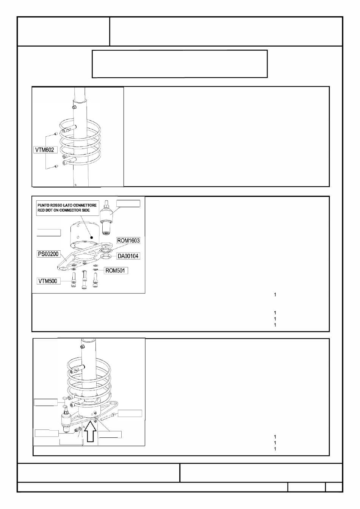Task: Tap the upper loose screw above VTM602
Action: pos(56,134)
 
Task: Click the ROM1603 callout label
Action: pos(128,240)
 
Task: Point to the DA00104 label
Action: pos(128,256)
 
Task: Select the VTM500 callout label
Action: pos(49,281)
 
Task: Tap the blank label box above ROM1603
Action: pos(128,203)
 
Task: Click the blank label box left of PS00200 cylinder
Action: pos(49,232)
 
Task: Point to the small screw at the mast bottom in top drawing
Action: pos(76,184)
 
